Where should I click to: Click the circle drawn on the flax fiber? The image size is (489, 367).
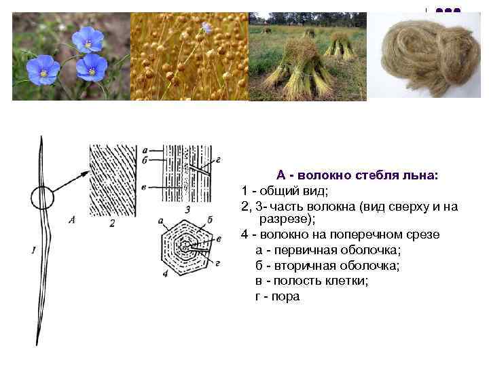tap(42, 198)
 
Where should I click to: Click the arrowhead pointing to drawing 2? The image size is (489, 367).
tap(86, 173)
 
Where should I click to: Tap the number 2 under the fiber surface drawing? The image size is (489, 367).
tap(111, 222)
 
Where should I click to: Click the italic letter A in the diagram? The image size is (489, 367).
tap(71, 219)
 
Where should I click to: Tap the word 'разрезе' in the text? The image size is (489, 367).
tap(284, 220)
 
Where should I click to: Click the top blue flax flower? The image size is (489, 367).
tap(88, 39)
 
